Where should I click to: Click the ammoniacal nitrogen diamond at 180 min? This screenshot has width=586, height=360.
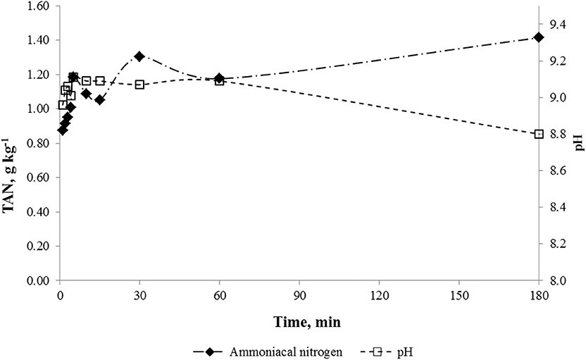(x=539, y=37)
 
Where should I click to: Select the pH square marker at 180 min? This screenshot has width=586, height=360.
(x=539, y=134)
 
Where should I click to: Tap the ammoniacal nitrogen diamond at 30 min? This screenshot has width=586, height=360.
(x=139, y=56)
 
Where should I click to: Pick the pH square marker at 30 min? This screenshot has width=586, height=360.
(x=139, y=85)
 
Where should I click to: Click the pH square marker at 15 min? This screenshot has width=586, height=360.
(x=100, y=81)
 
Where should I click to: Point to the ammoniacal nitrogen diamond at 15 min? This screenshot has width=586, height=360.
(x=100, y=100)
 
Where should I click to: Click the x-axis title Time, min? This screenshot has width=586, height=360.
(x=299, y=318)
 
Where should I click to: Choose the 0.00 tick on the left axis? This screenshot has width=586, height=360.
(x=36, y=280)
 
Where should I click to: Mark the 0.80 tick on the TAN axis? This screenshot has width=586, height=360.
(x=36, y=143)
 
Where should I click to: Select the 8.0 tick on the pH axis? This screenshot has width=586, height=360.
(x=557, y=280)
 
